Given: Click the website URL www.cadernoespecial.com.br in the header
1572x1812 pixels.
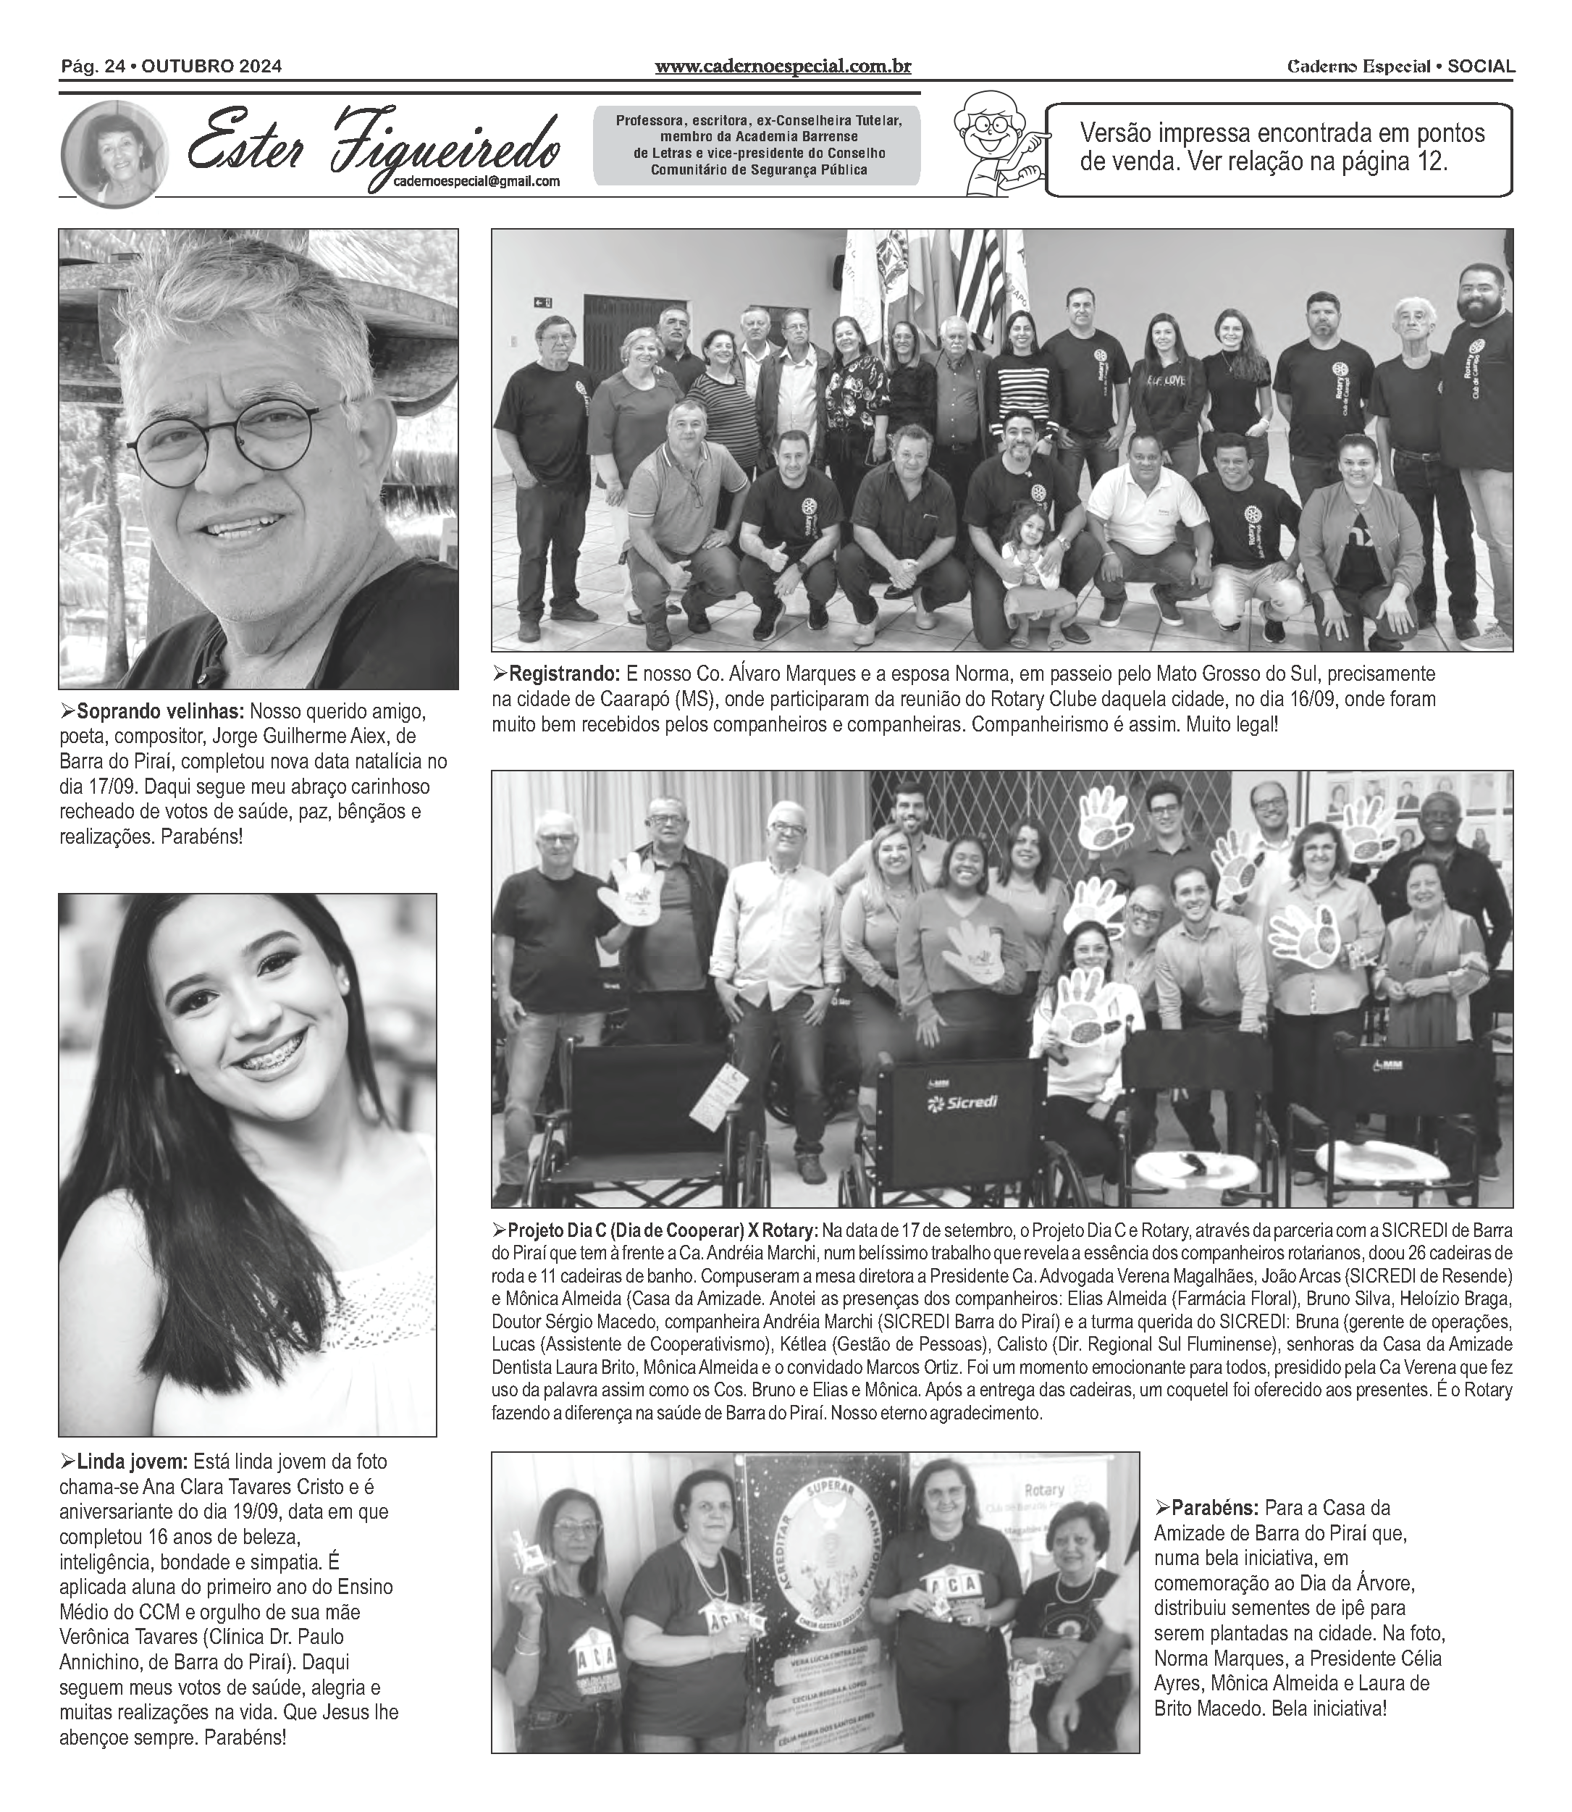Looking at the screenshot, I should [x=783, y=67].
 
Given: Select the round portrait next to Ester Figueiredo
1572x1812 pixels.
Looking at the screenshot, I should [x=114, y=154].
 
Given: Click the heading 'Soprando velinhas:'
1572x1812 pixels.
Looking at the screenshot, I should [x=159, y=710].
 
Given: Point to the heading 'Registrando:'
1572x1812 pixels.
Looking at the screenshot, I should [x=563, y=674].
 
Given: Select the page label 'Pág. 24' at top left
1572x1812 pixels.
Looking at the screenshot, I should [x=91, y=67].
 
